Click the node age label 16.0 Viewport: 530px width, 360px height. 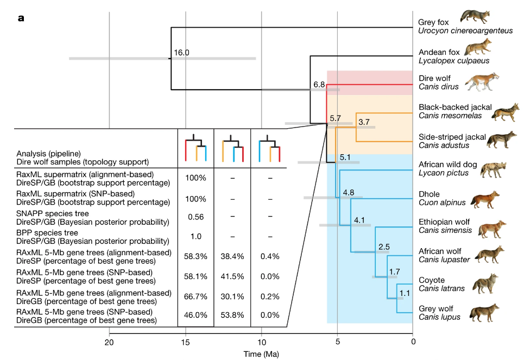[181, 53]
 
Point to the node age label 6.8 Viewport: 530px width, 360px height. [319, 85]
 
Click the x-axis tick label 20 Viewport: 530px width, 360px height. [109, 342]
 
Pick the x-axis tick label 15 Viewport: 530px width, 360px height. [186, 342]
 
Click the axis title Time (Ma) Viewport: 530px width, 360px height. [261, 354]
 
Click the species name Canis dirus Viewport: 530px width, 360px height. [438, 86]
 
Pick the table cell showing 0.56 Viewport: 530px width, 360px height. [195, 217]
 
